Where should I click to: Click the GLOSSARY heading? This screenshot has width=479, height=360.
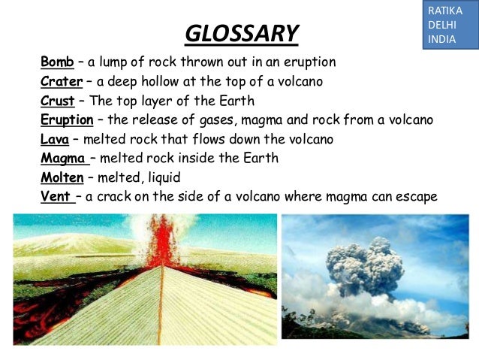[241, 34]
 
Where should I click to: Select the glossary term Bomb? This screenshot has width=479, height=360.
[57, 62]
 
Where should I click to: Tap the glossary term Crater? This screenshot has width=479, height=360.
[61, 81]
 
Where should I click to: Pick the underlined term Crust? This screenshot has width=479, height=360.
[57, 101]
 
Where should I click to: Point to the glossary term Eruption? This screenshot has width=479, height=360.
[67, 120]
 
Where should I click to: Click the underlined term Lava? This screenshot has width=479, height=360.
[55, 140]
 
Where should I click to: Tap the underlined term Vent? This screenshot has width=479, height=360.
[56, 197]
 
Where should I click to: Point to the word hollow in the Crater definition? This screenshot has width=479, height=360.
[161, 81]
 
